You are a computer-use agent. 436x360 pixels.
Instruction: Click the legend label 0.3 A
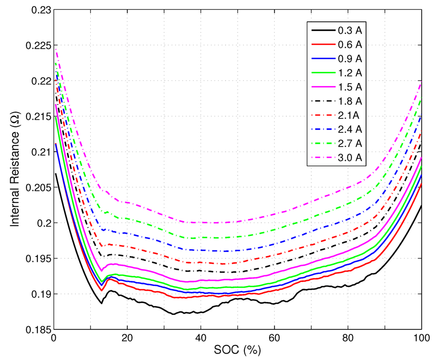point(350,30)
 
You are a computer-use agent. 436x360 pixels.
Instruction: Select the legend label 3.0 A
point(350,158)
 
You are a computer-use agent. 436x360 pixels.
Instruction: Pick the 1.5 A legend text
point(350,87)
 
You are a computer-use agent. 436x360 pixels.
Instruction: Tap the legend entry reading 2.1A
point(349,115)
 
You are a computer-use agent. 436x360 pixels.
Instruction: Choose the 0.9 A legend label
point(350,58)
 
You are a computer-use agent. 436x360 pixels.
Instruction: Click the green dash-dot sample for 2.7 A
point(323,144)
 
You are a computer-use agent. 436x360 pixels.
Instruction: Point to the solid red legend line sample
point(323,44)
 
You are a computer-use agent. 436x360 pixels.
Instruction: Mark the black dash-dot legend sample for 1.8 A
point(323,101)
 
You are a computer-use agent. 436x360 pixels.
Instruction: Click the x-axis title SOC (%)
point(237,351)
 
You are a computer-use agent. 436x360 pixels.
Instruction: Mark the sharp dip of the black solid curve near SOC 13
point(101,303)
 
